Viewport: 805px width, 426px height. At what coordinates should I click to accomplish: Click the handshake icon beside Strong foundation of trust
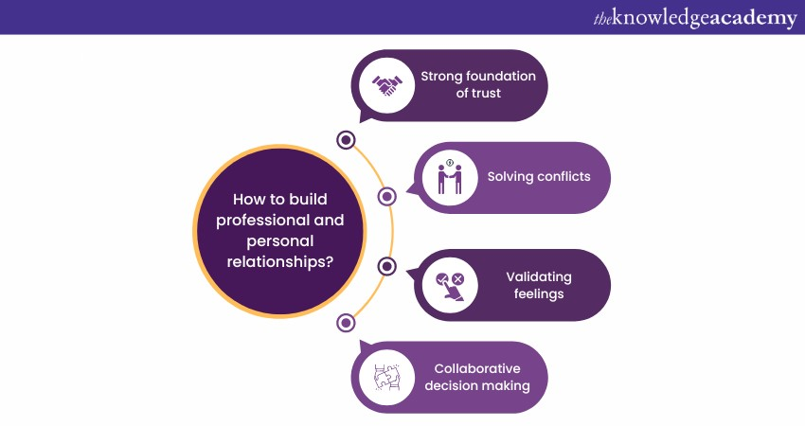pyautogui.click(x=385, y=86)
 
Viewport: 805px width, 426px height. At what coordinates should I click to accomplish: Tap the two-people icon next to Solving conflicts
pyautogui.click(x=450, y=177)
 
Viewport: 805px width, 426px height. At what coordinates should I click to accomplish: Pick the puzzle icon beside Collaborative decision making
pyautogui.click(x=387, y=376)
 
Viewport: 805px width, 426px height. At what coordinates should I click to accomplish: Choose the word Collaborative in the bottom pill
pyautogui.click(x=477, y=368)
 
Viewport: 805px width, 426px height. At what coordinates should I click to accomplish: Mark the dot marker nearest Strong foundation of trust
pyautogui.click(x=346, y=140)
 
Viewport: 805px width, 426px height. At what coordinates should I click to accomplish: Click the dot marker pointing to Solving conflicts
pyautogui.click(x=386, y=197)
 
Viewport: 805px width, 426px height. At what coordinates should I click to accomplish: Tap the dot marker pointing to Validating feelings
pyautogui.click(x=386, y=267)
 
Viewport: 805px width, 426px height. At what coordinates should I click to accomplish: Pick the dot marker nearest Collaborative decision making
pyautogui.click(x=346, y=323)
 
